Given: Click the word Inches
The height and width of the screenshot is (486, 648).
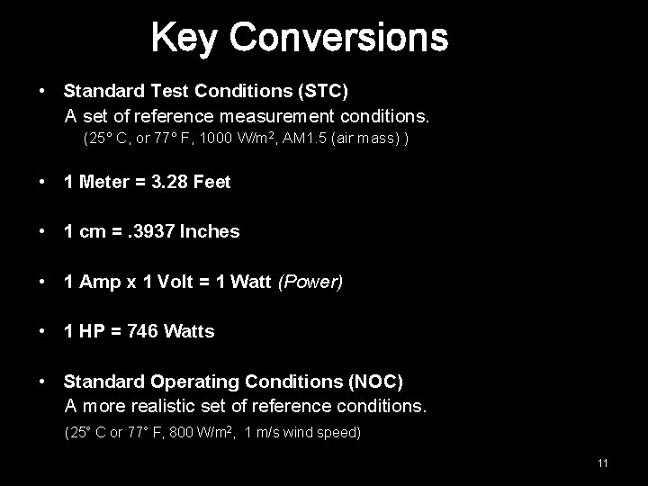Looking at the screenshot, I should pos(210,231).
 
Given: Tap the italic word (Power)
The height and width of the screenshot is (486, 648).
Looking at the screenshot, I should pos(310,282).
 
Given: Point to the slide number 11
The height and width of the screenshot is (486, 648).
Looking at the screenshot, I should pos(603,463).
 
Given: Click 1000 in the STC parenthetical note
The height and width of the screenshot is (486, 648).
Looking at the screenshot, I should pos(215,140).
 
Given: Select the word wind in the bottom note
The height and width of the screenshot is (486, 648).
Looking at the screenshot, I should pos(302,433).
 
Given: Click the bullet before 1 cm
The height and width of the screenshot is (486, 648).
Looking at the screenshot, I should pos(43,231).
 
